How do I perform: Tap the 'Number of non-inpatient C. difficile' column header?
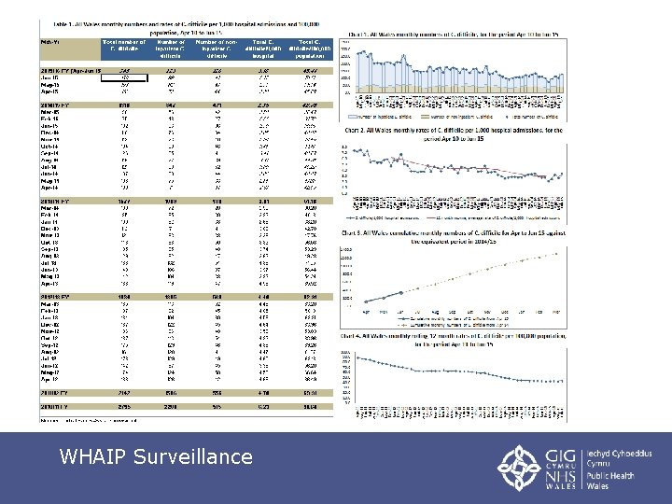coord(218,47)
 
